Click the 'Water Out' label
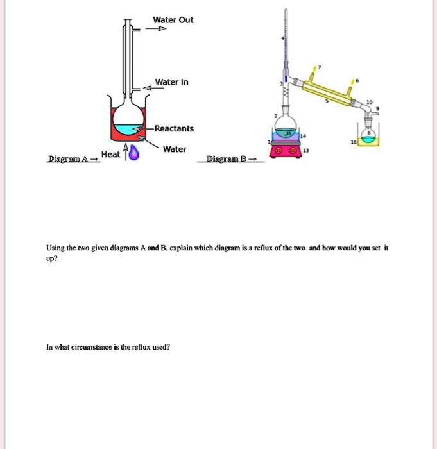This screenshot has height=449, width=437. (173, 20)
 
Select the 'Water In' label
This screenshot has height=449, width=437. (171, 83)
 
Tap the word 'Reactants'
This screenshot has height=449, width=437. (173, 129)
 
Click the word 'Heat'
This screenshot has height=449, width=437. (110, 155)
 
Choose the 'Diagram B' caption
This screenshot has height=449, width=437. (227, 159)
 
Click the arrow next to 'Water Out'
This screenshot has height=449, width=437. (157, 29)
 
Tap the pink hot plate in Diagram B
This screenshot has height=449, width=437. (286, 151)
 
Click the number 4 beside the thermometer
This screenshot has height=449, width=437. (282, 39)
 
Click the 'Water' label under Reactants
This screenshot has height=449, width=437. (175, 149)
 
